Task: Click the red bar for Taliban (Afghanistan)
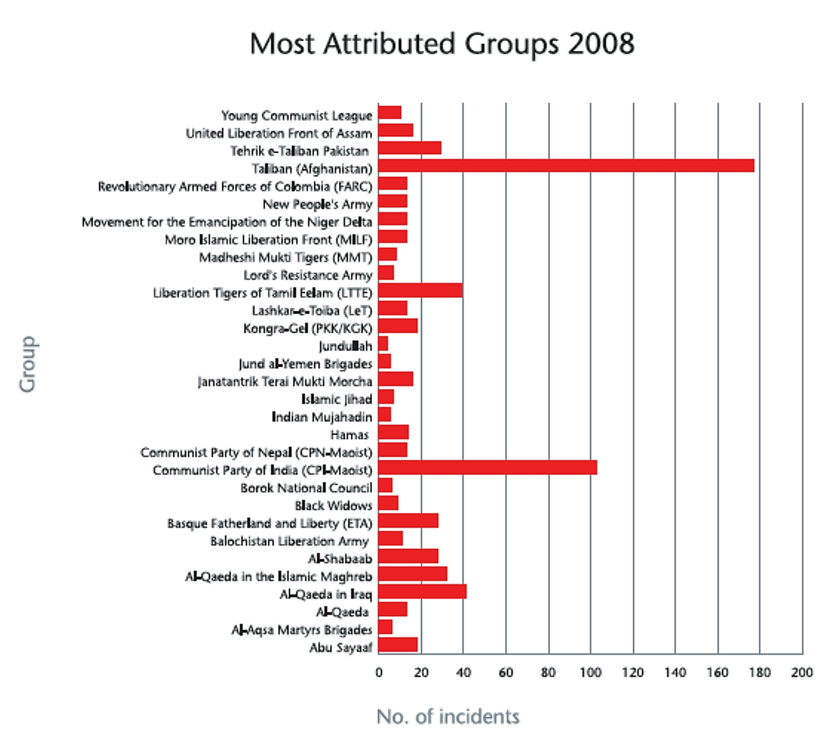coord(566,166)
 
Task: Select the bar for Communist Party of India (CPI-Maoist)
coord(487,468)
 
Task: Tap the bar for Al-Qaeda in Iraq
coord(422,591)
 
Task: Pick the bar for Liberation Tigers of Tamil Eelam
coord(420,290)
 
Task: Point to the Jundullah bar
coord(383,344)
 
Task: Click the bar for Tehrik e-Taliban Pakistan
coord(410,148)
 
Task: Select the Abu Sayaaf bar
coord(397,645)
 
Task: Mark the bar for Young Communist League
coord(390,112)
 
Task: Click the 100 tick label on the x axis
coord(590,673)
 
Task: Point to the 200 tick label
coord(802,673)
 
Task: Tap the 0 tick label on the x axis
coord(379,673)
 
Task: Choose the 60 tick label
coord(506,673)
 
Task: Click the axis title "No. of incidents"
coord(448,717)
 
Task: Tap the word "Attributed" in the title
coord(389,44)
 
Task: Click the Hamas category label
coord(349,435)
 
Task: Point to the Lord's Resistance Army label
coord(307,276)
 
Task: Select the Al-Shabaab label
coord(340,559)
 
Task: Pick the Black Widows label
coord(333,506)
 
